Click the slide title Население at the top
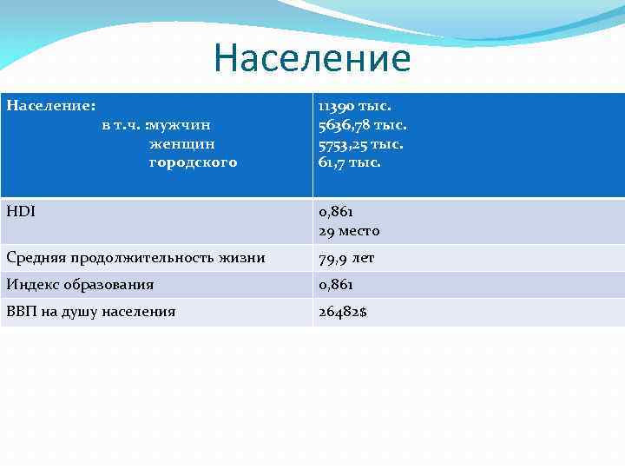pyautogui.click(x=312, y=58)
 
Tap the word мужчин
pyautogui.click(x=180, y=125)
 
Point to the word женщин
pyautogui.click(x=182, y=143)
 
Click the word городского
pyautogui.click(x=193, y=162)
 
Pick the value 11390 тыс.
pyautogui.click(x=354, y=106)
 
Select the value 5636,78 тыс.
pyautogui.click(x=362, y=125)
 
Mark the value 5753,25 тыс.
pyautogui.click(x=360, y=143)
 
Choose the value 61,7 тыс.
pyautogui.click(x=349, y=162)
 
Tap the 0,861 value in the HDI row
pyautogui.click(x=336, y=212)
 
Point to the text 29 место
pyautogui.click(x=349, y=231)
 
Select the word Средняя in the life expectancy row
pyautogui.click(x=36, y=258)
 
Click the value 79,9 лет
pyautogui.click(x=345, y=258)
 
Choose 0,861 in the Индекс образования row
pyautogui.click(x=336, y=284)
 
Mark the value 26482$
pyautogui.click(x=342, y=311)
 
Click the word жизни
pyautogui.click(x=243, y=258)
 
